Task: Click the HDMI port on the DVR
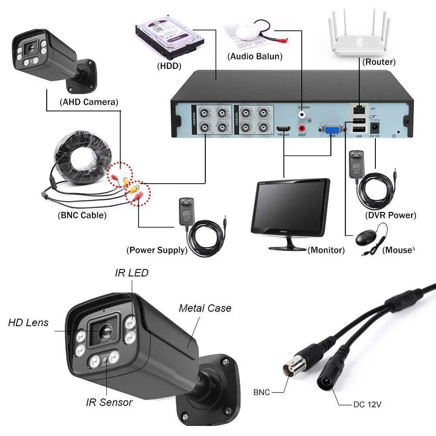coord(283,129)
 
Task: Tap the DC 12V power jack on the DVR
coord(374,128)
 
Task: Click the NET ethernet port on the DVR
coord(358,109)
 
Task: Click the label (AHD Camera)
coord(89,102)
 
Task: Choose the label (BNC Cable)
coord(82,215)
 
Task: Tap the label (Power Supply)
coord(157,250)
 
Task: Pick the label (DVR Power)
coord(390,215)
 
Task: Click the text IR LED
coord(131,273)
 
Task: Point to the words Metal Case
coord(205,308)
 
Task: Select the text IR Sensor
coord(109,402)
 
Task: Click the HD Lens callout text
coord(28,323)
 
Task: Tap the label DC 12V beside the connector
coord(367,404)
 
